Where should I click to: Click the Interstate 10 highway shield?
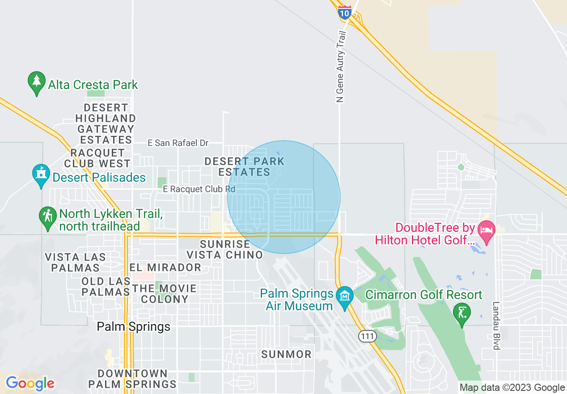(x=344, y=12)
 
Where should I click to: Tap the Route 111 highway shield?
(x=367, y=336)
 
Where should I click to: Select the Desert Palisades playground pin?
(x=41, y=176)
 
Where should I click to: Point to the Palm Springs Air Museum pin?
(x=345, y=297)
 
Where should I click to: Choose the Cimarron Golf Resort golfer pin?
(x=462, y=314)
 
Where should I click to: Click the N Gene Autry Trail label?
(x=341, y=67)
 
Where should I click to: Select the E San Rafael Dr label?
(x=178, y=143)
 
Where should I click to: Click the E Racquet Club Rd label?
(x=199, y=189)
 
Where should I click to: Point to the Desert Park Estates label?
(x=244, y=167)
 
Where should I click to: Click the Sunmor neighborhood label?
(x=286, y=354)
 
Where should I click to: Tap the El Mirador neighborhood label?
(x=165, y=267)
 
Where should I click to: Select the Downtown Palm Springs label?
(x=132, y=379)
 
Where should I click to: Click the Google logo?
(x=30, y=383)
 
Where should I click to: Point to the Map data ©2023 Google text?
(x=512, y=388)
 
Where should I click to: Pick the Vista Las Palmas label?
(x=76, y=262)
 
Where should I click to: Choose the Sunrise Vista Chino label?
(x=224, y=249)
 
